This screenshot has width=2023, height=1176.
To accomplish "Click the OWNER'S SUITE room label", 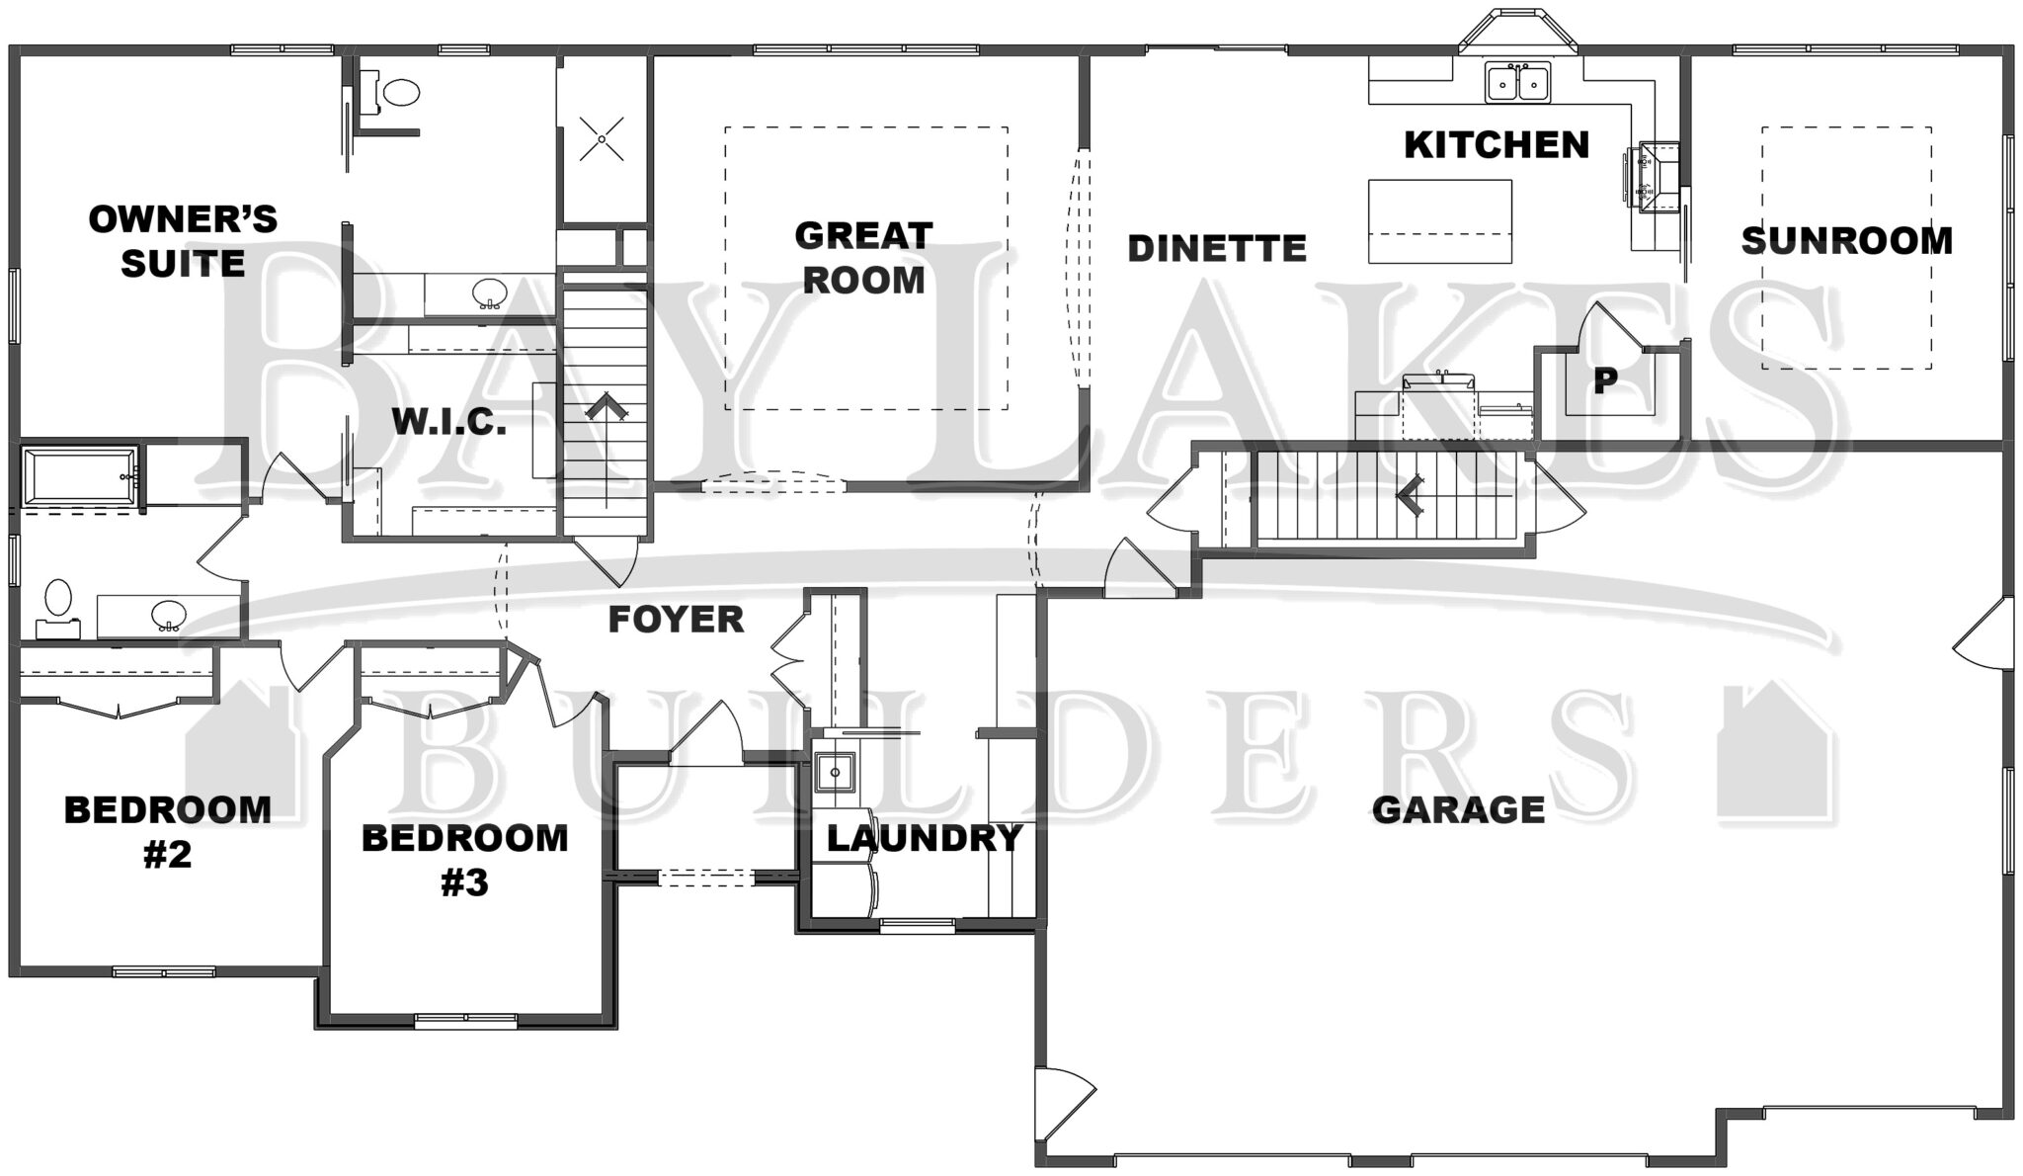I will pyautogui.click(x=183, y=241).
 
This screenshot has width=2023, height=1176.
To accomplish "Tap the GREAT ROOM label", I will pyautogui.click(x=863, y=258).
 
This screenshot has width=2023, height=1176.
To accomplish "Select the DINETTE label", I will pyautogui.click(x=1217, y=249).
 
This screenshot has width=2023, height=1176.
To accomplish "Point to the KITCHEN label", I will pyautogui.click(x=1497, y=145).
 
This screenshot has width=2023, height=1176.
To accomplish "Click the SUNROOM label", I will pyautogui.click(x=1846, y=241).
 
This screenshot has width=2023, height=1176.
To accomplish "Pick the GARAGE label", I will pyautogui.click(x=1458, y=810).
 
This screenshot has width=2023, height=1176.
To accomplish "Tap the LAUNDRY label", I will pyautogui.click(x=924, y=839).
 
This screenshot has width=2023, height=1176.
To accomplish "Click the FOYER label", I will pyautogui.click(x=676, y=620).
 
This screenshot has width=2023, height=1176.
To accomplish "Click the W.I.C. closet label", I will pyautogui.click(x=449, y=423).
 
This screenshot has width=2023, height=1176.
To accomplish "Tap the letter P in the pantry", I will pyautogui.click(x=1605, y=380).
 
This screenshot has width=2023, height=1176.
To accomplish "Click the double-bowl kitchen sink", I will pyautogui.click(x=1518, y=81).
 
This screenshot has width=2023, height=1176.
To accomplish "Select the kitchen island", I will pyautogui.click(x=1439, y=220).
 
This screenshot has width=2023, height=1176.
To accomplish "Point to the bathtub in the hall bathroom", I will pyautogui.click(x=79, y=478).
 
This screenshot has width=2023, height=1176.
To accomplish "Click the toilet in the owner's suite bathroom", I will pyautogui.click(x=400, y=93).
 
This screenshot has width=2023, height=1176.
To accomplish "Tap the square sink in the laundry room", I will pyautogui.click(x=836, y=771).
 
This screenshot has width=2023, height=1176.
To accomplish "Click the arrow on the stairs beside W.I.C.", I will pyautogui.click(x=604, y=409).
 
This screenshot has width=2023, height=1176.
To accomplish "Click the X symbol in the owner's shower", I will pyautogui.click(x=602, y=138).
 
